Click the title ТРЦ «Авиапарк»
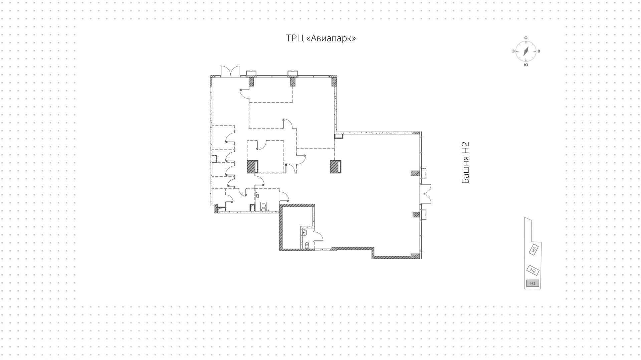(x=320, y=38)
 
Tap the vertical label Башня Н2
(x=466, y=163)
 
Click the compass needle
(x=526, y=51)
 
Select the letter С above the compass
(x=526, y=38)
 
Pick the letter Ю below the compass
(x=526, y=65)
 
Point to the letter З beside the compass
(x=513, y=51)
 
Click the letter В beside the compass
(x=539, y=51)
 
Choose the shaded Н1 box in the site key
(x=532, y=283)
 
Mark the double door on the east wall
(x=426, y=194)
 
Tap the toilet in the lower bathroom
(x=307, y=245)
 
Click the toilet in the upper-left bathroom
(x=263, y=207)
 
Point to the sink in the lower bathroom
(x=305, y=233)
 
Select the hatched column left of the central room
(x=251, y=167)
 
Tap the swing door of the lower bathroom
(x=318, y=236)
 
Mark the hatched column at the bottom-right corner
(x=415, y=256)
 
